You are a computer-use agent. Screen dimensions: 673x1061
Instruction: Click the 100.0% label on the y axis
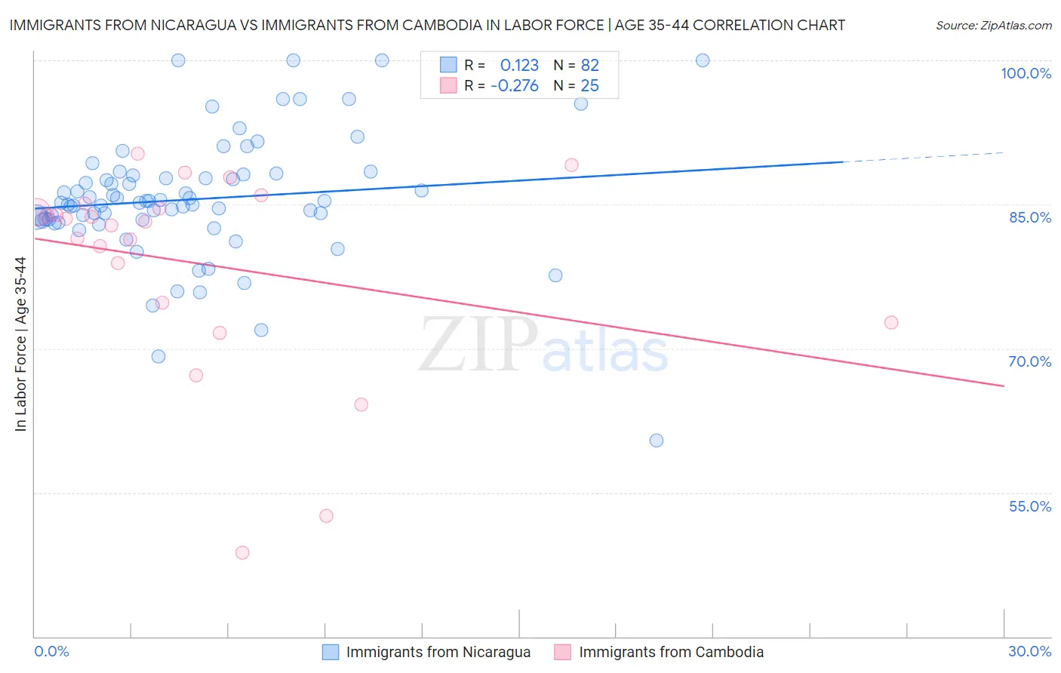coord(1026,73)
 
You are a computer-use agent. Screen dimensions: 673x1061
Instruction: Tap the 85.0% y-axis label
coord(1030,217)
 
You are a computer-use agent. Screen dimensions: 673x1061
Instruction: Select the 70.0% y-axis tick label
coord(1030,361)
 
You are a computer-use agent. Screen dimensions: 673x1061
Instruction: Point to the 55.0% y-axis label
coord(1030,506)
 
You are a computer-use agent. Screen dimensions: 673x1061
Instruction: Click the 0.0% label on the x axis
coord(51,651)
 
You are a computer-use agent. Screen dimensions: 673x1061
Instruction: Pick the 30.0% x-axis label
coord(1029,651)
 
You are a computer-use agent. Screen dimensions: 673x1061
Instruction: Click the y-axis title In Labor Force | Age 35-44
coord(20,344)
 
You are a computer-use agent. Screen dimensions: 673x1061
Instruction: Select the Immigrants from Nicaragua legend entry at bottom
coord(438,652)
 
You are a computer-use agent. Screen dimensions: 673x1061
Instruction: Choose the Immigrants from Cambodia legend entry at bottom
coord(671,652)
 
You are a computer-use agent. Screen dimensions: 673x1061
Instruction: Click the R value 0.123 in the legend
coord(519,66)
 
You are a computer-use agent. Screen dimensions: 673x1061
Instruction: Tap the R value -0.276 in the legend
coord(515,86)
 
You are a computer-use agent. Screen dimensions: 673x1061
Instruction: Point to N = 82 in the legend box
coord(576,66)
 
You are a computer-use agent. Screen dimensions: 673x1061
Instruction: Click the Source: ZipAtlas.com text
coord(993,26)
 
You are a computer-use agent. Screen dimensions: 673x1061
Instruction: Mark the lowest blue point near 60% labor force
coord(657,441)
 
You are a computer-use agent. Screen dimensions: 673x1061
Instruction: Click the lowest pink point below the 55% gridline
coord(242,552)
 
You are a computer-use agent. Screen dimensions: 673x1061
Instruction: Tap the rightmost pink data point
coord(891,322)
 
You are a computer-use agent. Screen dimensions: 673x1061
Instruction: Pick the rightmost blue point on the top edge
coord(703,60)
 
